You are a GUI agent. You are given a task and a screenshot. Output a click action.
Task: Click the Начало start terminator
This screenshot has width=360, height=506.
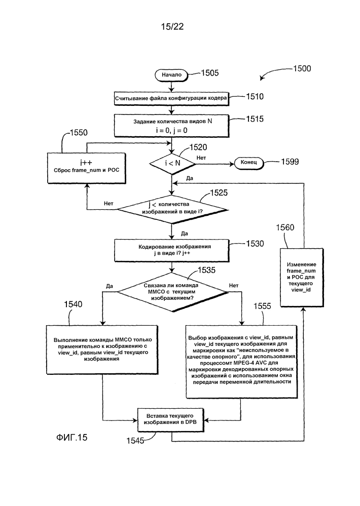(171, 74)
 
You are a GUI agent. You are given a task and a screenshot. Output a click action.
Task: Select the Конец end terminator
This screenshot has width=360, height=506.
(248, 162)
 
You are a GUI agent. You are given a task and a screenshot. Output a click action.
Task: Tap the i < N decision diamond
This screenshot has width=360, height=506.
(172, 163)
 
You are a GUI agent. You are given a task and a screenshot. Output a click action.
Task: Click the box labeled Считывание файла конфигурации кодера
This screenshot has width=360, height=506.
(171, 98)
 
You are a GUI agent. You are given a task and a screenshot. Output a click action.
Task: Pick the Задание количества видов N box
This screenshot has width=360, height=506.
(171, 126)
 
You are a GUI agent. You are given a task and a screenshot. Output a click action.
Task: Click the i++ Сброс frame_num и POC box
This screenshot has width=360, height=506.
(87, 168)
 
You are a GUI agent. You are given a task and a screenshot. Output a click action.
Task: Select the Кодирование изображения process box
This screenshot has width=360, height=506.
(171, 250)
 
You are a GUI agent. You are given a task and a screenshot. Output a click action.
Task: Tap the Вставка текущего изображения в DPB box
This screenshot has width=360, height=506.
(171, 419)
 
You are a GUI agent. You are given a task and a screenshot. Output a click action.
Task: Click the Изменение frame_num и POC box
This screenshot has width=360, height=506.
(302, 277)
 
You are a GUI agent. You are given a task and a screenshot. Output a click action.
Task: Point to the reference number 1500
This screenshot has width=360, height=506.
(302, 68)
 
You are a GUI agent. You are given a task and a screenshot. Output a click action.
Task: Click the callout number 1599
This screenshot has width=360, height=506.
(290, 162)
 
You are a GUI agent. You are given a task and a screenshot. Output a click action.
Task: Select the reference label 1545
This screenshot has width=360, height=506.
(135, 441)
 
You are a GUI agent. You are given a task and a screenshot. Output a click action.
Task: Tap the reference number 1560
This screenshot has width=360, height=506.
(285, 227)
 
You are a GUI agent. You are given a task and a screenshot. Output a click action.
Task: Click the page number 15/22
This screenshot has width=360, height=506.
(172, 26)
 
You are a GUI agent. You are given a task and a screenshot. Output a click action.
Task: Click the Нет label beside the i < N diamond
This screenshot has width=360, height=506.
(201, 158)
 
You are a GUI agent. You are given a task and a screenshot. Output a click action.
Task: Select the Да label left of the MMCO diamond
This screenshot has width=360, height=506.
(110, 286)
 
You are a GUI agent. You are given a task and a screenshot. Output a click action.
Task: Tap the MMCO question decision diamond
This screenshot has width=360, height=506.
(172, 292)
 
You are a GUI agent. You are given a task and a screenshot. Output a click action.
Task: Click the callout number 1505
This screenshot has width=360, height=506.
(210, 73)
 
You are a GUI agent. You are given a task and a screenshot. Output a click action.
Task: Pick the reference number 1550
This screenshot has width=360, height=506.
(79, 133)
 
